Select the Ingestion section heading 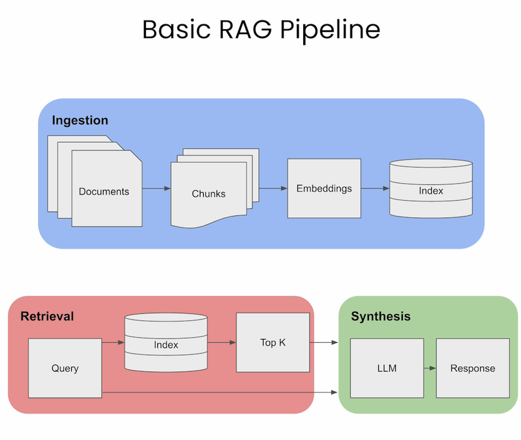click(80, 120)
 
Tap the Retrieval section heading click(47, 316)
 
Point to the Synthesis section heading click(380, 316)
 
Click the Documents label click(104, 191)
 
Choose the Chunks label click(208, 194)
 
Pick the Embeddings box click(324, 188)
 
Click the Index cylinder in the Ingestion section click(431, 190)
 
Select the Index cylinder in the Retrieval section click(166, 344)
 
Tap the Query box click(65, 368)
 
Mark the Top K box click(273, 343)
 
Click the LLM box click(386, 368)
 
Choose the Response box click(472, 368)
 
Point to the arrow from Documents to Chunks click(157, 189)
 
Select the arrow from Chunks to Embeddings click(273, 188)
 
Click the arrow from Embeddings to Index click(375, 188)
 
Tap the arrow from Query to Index click(113, 343)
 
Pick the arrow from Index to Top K click(221, 343)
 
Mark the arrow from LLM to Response click(429, 368)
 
